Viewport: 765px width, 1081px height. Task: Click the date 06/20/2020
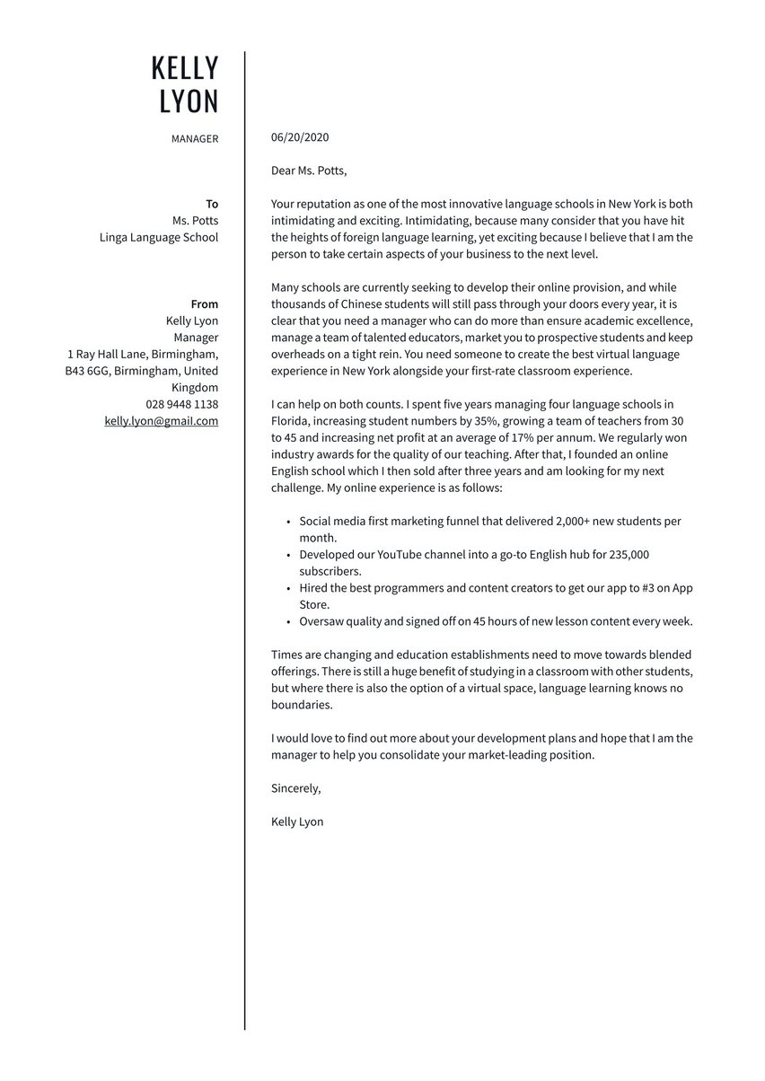point(300,137)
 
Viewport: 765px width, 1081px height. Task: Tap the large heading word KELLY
point(184,68)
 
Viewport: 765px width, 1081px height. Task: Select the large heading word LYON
point(189,101)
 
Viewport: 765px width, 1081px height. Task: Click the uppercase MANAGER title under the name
point(194,139)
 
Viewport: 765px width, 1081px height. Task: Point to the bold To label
point(212,204)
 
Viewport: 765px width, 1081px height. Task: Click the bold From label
point(204,304)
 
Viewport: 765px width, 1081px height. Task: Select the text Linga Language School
point(159,237)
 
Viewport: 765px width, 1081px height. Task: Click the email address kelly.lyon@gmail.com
point(162,420)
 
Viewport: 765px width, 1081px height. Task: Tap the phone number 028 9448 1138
point(182,404)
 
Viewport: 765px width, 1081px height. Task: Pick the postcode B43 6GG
point(88,371)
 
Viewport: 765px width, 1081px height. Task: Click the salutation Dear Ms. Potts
point(308,171)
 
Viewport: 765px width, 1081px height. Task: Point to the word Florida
point(292,421)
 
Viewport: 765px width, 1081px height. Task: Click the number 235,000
point(629,555)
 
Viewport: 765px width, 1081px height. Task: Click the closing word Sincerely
point(295,788)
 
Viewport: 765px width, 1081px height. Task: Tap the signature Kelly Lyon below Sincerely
point(297,822)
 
